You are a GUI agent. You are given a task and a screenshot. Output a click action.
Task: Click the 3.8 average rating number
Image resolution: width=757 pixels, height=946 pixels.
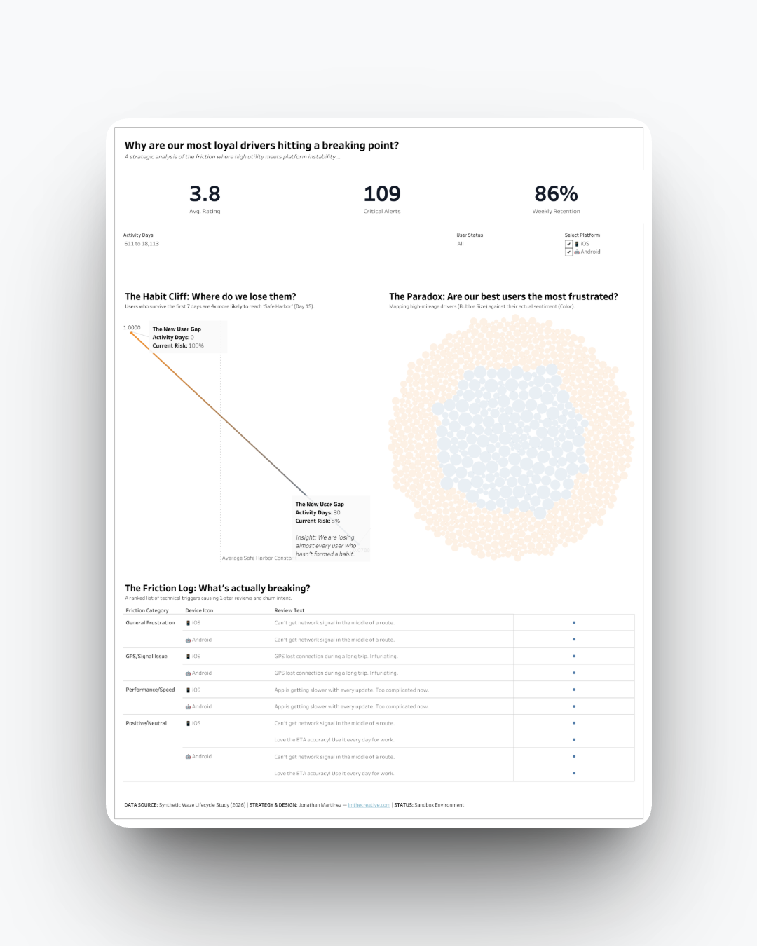click(x=205, y=194)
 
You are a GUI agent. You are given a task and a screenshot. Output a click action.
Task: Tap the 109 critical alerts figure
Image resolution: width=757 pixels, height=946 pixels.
click(x=382, y=194)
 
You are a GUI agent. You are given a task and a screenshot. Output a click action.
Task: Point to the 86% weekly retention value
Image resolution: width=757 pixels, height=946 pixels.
click(x=556, y=194)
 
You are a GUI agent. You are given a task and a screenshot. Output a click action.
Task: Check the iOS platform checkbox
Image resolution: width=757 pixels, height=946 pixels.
click(x=569, y=244)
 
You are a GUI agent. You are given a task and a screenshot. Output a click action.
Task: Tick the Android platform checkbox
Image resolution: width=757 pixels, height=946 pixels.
click(x=569, y=252)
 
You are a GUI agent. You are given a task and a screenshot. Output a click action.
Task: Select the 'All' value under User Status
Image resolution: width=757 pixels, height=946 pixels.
click(x=461, y=244)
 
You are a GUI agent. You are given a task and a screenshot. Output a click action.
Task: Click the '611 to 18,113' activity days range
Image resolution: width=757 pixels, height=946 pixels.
click(x=142, y=244)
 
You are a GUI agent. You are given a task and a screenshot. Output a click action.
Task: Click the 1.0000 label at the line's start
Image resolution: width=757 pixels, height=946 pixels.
click(x=132, y=327)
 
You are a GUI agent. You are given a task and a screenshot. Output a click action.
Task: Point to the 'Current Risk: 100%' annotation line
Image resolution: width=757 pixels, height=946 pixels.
click(x=178, y=345)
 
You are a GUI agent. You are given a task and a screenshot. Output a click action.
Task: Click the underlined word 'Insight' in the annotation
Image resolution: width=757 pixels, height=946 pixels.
click(x=306, y=537)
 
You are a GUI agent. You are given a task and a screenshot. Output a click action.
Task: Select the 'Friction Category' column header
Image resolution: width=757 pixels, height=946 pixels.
click(x=147, y=610)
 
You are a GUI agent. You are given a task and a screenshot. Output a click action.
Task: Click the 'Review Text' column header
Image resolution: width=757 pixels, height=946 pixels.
click(x=289, y=610)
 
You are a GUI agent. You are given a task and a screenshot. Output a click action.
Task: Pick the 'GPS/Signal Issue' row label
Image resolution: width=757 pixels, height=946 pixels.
click(x=146, y=657)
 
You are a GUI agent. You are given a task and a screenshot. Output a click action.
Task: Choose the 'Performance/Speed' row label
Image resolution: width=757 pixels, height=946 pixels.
click(x=150, y=690)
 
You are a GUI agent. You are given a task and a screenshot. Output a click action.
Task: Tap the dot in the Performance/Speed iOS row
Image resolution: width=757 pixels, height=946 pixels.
click(x=574, y=690)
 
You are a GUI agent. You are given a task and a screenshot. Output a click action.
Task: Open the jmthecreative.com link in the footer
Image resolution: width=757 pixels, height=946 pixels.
click(x=369, y=805)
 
